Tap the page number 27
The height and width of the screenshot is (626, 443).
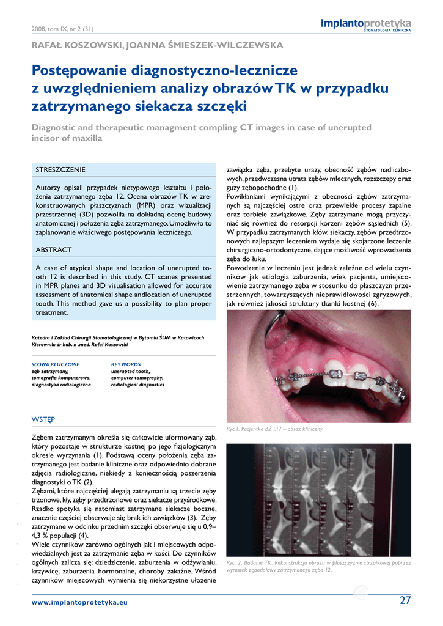point(405,600)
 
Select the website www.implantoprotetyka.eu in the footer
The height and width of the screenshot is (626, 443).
point(79,602)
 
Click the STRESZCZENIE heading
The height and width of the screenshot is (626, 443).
point(60,169)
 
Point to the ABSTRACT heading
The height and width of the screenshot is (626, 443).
point(54,250)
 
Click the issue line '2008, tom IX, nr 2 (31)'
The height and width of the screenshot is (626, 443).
point(62,29)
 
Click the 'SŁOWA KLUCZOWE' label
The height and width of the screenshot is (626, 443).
point(55,364)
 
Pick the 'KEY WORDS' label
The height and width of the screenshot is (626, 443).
point(126,364)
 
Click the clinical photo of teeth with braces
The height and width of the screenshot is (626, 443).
point(318,366)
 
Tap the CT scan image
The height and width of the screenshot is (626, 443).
point(318,500)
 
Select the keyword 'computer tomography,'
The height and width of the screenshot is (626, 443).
point(137,378)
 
